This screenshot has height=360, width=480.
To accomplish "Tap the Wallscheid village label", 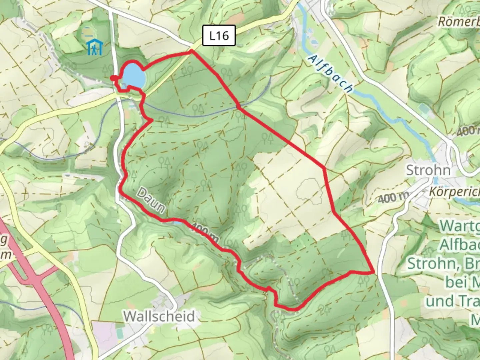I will (159, 316).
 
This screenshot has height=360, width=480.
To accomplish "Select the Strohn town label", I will (428, 170).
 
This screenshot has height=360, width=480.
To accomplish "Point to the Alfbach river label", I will (330, 74).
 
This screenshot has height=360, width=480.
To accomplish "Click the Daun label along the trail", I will (151, 200).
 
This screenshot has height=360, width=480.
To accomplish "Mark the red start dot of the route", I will (113, 78).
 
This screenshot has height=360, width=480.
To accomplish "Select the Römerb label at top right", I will (459, 22).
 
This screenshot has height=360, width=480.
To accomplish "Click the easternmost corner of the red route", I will (373, 272).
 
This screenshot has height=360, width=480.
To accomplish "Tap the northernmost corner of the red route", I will (191, 51).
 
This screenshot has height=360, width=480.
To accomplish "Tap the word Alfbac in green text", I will (460, 245).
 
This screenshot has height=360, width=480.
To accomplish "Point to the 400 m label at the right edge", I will (468, 131).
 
